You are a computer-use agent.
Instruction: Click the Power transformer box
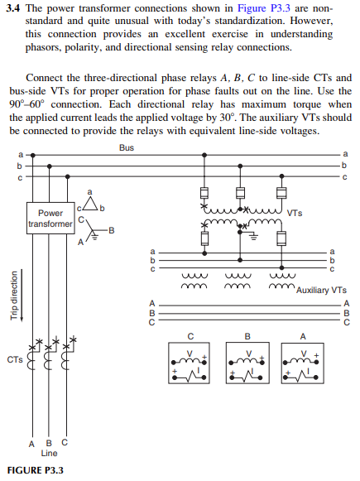(x=50, y=218)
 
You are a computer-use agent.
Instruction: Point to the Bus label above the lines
(x=126, y=148)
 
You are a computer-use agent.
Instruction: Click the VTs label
(x=295, y=213)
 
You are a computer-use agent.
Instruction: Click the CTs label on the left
(x=14, y=359)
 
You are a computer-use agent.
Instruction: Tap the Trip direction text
(x=13, y=296)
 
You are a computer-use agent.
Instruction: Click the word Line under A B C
(x=50, y=453)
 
